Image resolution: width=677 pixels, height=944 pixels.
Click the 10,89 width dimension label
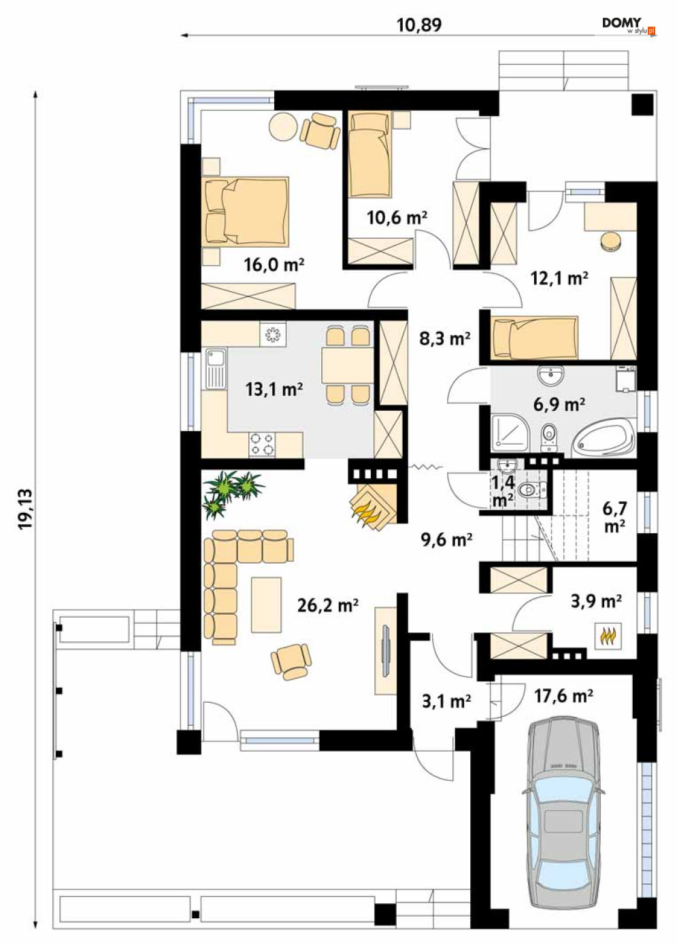pyautogui.click(x=419, y=25)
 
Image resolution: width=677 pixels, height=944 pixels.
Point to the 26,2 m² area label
pyautogui.click(x=327, y=605)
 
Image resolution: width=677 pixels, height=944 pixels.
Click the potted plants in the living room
pyautogui.click(x=232, y=492)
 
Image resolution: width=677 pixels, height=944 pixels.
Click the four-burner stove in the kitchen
pyautogui.click(x=262, y=445)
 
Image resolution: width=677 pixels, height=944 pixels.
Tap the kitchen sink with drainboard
pyautogui.click(x=216, y=369)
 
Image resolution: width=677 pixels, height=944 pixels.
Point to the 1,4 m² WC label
pyautogui.click(x=503, y=492)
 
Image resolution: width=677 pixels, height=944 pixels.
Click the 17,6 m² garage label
pyautogui.click(x=563, y=696)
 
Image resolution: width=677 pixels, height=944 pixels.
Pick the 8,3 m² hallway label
pyautogui.click(x=445, y=339)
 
